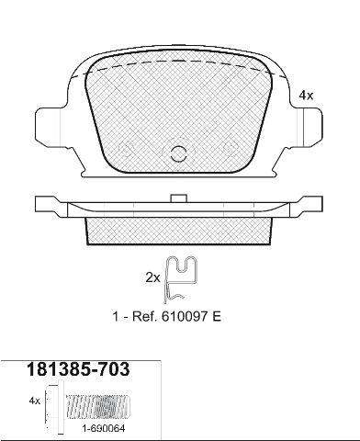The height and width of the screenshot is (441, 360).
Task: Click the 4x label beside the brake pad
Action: coord(306,96)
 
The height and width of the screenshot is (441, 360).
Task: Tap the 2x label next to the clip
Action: coord(152,277)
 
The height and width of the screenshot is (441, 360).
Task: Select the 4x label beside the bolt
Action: coord(35,401)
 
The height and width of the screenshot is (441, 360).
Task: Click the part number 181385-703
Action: coord(78,369)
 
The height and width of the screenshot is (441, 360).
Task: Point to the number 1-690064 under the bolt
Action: coord(103,429)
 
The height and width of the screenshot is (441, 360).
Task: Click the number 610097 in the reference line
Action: coord(185,317)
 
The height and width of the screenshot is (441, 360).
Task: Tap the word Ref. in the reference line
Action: coord(144,317)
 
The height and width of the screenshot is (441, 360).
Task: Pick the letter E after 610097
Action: coord(217,317)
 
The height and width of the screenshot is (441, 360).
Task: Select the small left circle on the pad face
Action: coord(125,149)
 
